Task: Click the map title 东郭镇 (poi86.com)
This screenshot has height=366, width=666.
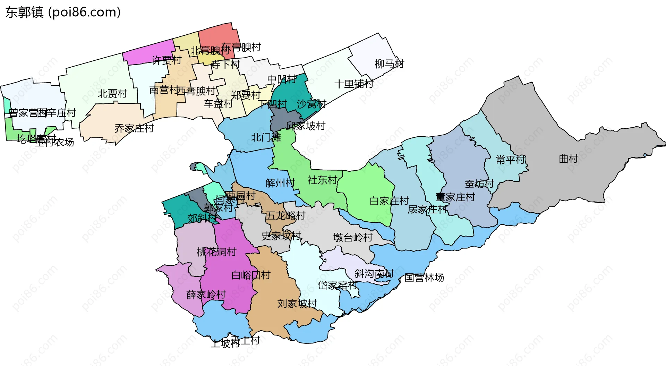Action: (63, 12)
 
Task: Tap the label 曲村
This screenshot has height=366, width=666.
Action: (568, 159)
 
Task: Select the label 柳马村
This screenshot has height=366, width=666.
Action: (389, 64)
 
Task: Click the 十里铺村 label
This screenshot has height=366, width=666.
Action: (353, 84)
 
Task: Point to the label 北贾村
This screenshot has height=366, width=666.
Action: (112, 94)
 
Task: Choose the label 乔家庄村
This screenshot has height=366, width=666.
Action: (134, 128)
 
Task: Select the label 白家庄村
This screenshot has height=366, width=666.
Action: (389, 201)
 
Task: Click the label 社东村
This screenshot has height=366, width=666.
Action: (322, 180)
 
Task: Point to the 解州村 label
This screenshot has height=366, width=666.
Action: (280, 183)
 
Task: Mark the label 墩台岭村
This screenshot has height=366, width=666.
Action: (353, 237)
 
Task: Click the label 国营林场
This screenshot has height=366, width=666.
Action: (424, 278)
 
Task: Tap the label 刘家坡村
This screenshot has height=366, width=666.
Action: (297, 304)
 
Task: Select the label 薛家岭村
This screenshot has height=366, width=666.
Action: (206, 295)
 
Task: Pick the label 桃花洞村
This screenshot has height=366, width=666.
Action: (216, 252)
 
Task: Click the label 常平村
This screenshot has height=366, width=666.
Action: (511, 160)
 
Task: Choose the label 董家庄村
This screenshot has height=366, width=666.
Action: (455, 197)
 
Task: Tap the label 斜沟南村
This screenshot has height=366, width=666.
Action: (374, 273)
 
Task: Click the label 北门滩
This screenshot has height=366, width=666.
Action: (266, 137)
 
